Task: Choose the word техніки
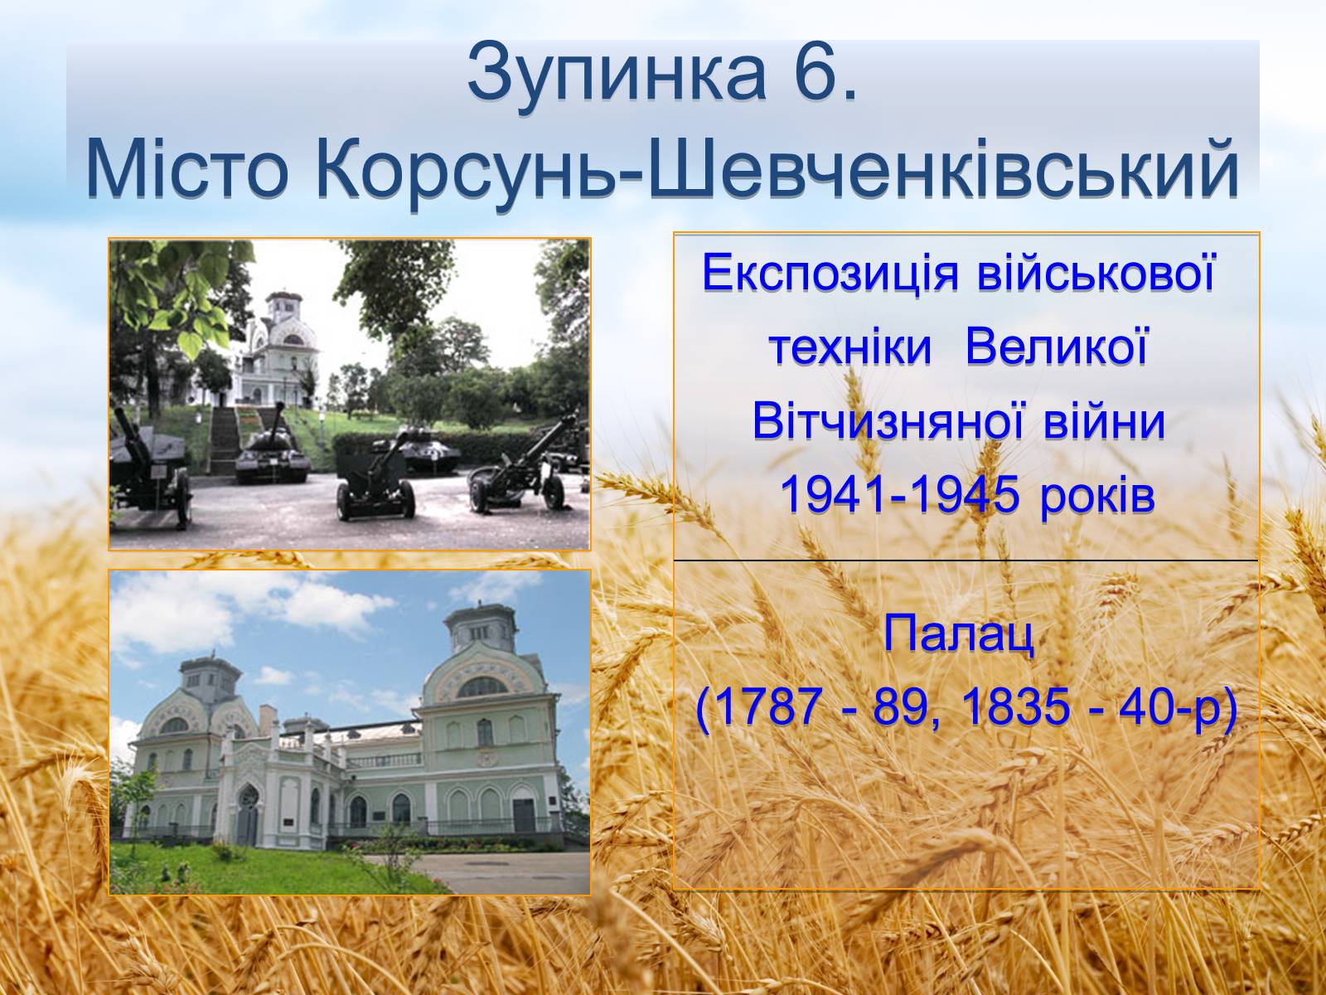(851, 349)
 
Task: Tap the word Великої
(1056, 349)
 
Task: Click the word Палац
(959, 635)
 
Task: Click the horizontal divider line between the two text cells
(966, 561)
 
